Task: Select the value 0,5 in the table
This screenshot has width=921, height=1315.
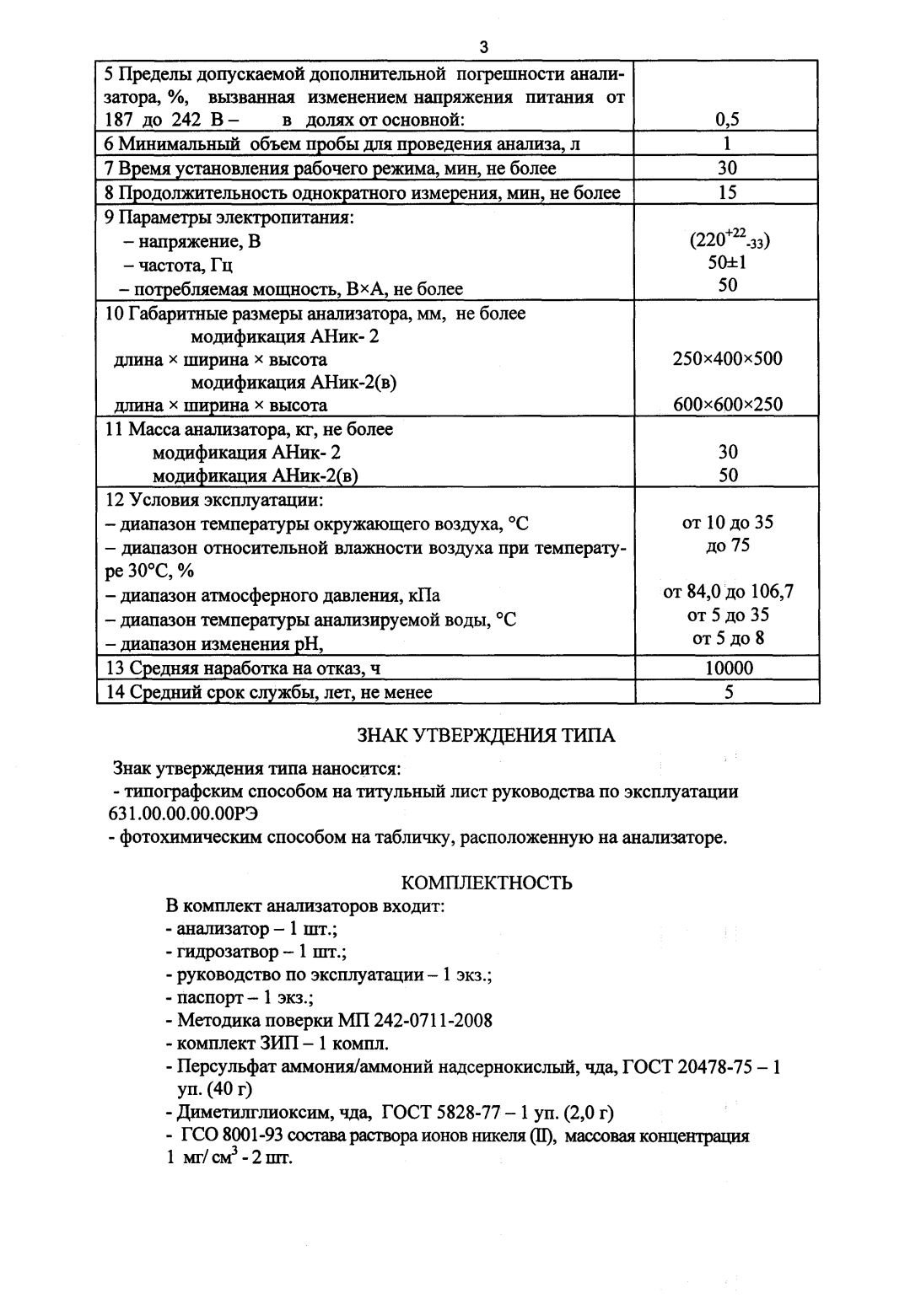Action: (x=727, y=120)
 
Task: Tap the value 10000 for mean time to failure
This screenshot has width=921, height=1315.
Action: (x=728, y=668)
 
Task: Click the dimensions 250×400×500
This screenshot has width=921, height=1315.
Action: (x=727, y=359)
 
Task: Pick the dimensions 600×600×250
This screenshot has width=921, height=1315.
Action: (x=727, y=405)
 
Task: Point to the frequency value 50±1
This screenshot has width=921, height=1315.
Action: (x=727, y=262)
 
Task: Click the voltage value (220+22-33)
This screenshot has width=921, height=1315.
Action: (x=730, y=239)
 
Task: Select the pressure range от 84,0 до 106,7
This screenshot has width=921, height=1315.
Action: (x=728, y=592)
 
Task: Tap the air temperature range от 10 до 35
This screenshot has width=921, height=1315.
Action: (x=727, y=523)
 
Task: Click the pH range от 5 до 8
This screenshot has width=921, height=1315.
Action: (x=728, y=638)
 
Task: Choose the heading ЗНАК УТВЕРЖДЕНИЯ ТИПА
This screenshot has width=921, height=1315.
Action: (x=487, y=736)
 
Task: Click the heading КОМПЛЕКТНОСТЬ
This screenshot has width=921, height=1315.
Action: (x=487, y=883)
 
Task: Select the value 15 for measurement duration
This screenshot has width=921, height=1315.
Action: (x=727, y=193)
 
